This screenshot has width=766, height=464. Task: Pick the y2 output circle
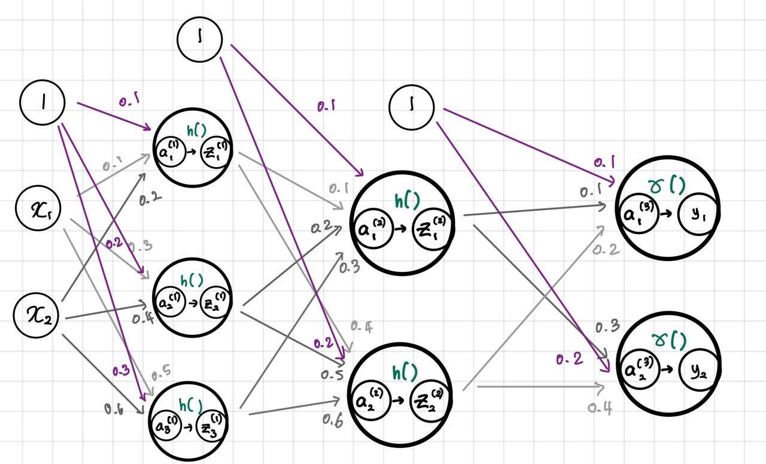coord(696,372)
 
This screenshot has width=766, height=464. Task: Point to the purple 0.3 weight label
coord(120,371)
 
